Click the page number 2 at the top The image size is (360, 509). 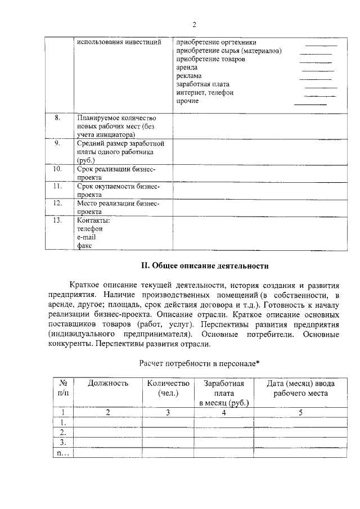point(194,24)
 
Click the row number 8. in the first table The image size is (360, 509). point(57,118)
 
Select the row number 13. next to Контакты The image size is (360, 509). point(57,220)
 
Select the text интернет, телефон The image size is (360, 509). point(204,92)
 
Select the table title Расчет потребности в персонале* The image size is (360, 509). point(199,363)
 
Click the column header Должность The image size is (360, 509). point(108,384)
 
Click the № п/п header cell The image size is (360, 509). point(64,388)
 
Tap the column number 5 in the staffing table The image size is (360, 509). point(300,412)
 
